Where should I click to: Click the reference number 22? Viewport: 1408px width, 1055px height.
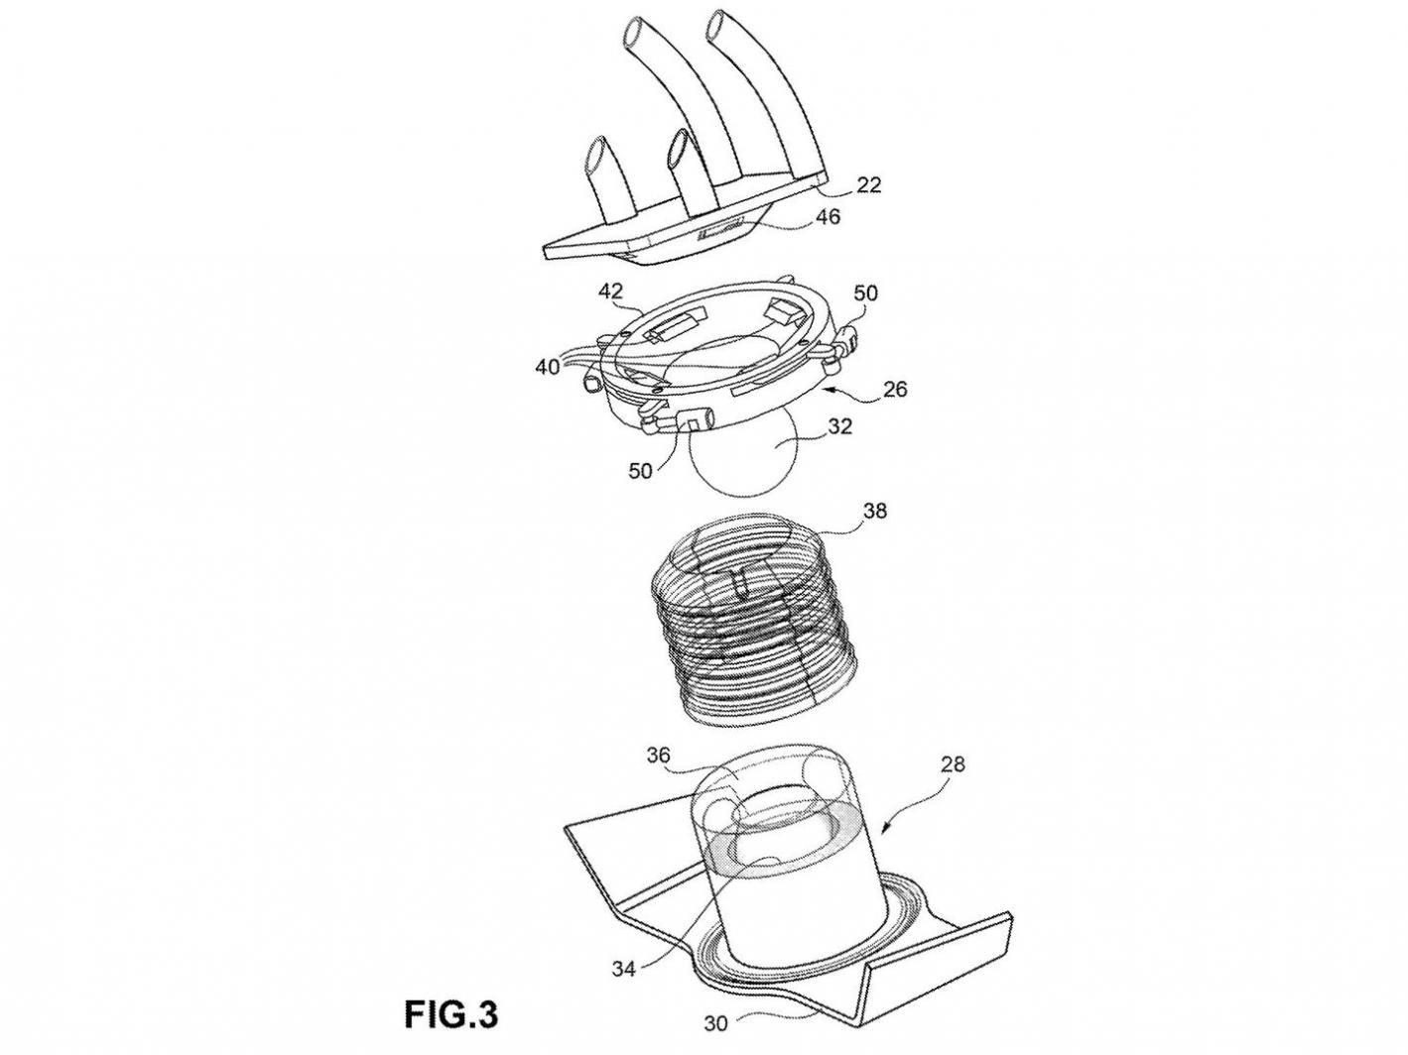click(868, 185)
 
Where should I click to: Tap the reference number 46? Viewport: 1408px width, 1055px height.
click(827, 216)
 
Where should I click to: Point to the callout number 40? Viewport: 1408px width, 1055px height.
click(548, 366)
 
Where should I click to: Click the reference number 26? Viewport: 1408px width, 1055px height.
click(894, 389)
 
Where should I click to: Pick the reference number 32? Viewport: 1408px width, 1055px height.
click(840, 427)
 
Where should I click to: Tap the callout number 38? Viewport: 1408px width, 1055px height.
click(875, 511)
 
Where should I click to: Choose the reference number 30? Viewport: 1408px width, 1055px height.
click(742, 1022)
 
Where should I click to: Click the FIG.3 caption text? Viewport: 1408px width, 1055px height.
click(450, 1015)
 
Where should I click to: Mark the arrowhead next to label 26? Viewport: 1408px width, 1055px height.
click(830, 391)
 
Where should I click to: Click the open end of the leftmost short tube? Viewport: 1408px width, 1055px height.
click(602, 156)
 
